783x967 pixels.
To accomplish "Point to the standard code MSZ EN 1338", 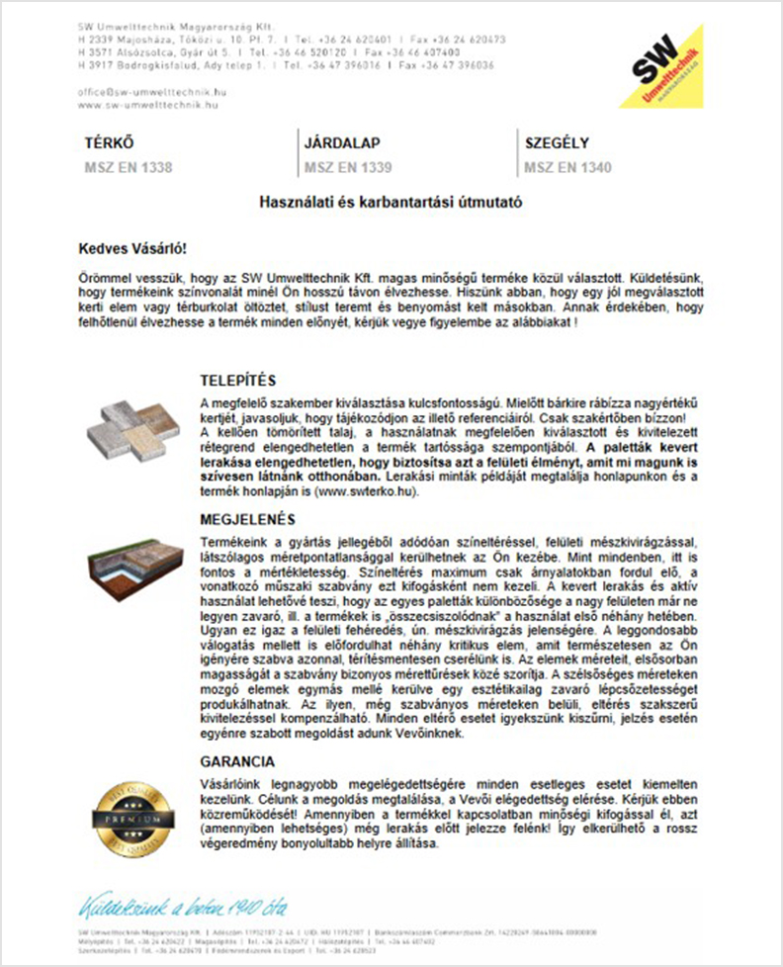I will (x=129, y=167).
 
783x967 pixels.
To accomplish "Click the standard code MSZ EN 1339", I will (x=348, y=167).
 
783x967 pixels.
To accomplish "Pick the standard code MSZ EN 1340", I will (x=567, y=167).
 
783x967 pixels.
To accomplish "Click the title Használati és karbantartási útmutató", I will (x=391, y=202).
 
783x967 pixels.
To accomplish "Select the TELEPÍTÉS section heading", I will (x=237, y=381).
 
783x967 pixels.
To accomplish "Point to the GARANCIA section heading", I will (x=237, y=761).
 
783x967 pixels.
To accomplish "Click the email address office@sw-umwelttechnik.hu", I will (x=147, y=92).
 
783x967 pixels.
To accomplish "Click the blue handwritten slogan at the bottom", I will (x=173, y=904).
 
